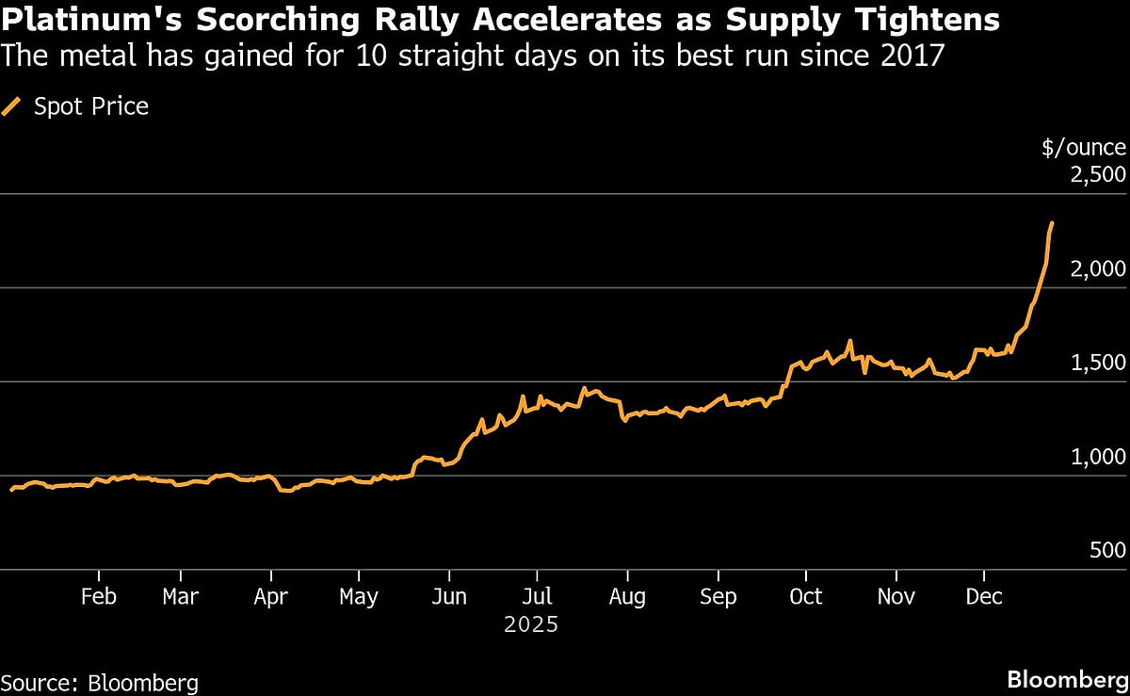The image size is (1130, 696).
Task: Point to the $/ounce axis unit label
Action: coord(1083,147)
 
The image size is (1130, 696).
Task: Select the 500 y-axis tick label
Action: coord(1107,552)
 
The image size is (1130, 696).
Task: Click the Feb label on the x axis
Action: coord(98,596)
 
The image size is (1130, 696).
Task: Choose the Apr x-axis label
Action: coord(271,596)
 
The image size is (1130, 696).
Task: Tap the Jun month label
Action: coord(449,596)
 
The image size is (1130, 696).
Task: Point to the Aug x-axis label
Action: coord(627,596)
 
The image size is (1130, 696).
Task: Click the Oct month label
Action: coord(805,596)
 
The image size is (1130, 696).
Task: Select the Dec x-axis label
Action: coord(984,596)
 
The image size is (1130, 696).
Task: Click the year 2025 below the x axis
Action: coord(531,624)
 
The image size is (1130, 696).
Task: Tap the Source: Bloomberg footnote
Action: coord(100,682)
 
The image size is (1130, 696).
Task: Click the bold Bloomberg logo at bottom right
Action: coord(1066,680)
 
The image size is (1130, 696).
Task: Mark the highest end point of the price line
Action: coord(1052,223)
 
